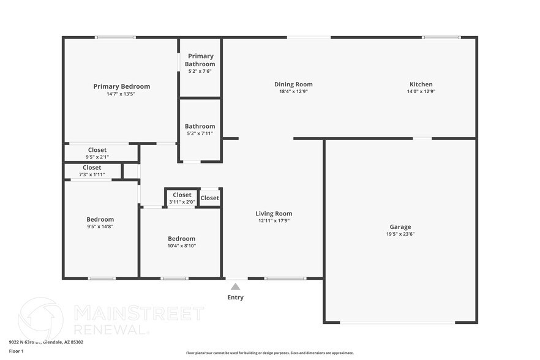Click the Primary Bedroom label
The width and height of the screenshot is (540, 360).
coord(121,86)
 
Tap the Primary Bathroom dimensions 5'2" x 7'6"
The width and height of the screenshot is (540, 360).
coord(200,72)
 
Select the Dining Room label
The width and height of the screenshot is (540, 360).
coord(293,84)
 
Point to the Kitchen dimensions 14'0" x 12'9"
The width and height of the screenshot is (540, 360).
coord(421,92)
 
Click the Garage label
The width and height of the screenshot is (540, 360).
coord(400,227)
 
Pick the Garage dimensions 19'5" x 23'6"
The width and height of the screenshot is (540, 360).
coord(400,234)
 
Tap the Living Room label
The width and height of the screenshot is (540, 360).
coord(274,214)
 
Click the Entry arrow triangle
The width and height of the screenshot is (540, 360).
coord(235,286)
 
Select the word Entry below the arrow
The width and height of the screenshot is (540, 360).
coord(235,298)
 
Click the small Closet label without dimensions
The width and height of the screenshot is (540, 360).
coord(209,198)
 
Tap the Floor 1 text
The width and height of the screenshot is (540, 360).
coord(16,351)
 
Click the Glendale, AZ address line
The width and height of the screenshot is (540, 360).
coord(46,342)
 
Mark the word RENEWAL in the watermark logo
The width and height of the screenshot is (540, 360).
coord(111,329)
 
